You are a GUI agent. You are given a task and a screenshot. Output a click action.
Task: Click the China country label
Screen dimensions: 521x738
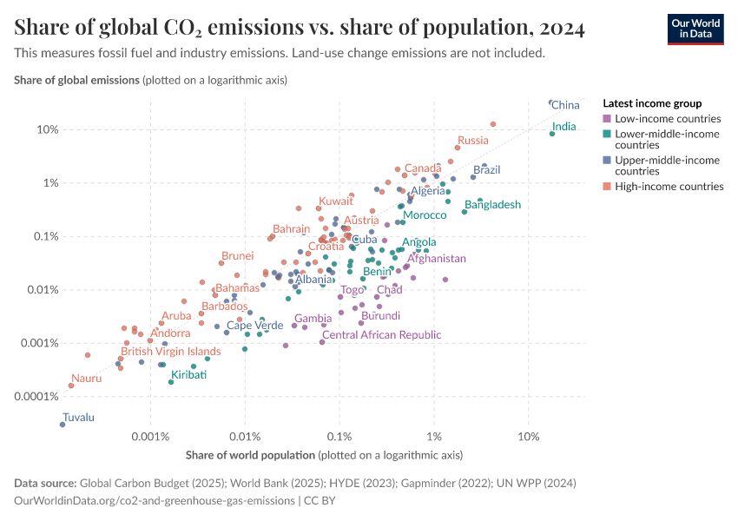point(565,105)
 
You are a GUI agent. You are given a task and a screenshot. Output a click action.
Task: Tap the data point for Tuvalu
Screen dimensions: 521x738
point(63,424)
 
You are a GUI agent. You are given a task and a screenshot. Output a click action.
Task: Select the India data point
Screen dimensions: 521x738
point(552,133)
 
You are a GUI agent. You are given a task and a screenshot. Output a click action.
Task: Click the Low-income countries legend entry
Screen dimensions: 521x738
point(667,118)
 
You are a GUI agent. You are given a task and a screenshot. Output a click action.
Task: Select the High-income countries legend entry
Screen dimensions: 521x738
point(669,186)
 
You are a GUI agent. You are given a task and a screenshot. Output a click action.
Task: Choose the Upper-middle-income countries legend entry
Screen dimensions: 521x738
point(667,166)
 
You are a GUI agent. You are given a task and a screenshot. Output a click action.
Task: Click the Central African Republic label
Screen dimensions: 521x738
point(381,334)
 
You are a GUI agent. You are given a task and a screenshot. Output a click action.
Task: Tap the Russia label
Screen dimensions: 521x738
point(473,140)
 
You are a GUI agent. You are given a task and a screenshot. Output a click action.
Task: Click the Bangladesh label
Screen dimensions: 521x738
point(492,205)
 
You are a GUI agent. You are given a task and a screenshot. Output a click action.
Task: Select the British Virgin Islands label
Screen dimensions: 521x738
point(170,352)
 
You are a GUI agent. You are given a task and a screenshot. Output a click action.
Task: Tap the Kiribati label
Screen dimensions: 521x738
point(188,375)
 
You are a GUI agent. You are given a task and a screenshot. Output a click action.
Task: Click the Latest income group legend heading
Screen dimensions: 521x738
point(651,102)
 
